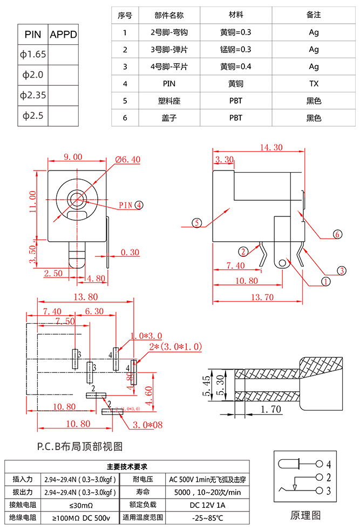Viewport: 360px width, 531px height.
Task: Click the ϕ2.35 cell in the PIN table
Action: [x=33, y=96]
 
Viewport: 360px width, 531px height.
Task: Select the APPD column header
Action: [x=64, y=35]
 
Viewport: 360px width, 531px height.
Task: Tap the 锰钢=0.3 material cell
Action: [x=236, y=50]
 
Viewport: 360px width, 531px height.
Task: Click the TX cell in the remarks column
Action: [x=314, y=84]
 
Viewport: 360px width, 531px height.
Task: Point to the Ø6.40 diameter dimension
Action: [x=127, y=159]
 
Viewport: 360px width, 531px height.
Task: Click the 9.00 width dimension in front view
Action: [x=73, y=157]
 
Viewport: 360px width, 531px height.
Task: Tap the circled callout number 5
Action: [x=197, y=223]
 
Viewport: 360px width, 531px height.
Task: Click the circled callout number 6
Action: [x=337, y=234]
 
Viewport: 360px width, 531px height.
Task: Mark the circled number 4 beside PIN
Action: [x=139, y=205]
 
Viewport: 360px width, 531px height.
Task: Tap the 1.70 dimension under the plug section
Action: [x=271, y=410]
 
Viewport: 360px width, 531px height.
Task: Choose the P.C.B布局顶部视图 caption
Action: [x=80, y=446]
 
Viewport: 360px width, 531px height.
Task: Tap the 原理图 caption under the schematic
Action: [x=305, y=515]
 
